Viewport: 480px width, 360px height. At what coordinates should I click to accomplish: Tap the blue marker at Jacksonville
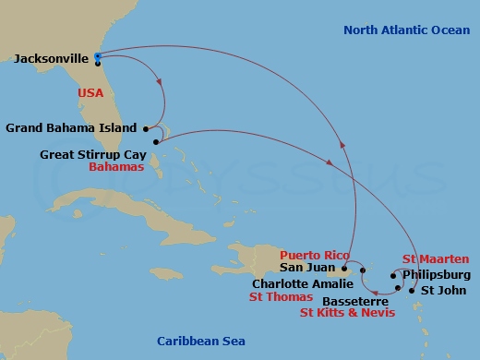pyautogui.click(x=98, y=55)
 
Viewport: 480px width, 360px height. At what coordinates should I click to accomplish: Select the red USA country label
pyautogui.click(x=90, y=93)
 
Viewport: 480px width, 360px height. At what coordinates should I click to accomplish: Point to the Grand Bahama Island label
pyautogui.click(x=70, y=127)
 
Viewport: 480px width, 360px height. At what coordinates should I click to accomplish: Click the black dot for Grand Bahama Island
pyautogui.click(x=146, y=127)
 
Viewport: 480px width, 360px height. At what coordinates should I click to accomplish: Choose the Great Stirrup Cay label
pyautogui.click(x=96, y=155)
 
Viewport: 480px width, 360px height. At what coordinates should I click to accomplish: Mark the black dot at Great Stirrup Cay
pyautogui.click(x=156, y=142)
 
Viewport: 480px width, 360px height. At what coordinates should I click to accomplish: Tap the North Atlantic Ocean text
pyautogui.click(x=405, y=30)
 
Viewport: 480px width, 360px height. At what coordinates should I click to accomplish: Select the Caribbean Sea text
pyautogui.click(x=200, y=341)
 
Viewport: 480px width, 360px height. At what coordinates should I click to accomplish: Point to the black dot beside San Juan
pyautogui.click(x=344, y=270)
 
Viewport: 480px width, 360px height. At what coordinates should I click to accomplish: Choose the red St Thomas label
pyautogui.click(x=282, y=298)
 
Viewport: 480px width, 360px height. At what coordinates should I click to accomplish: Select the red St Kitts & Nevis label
pyautogui.click(x=348, y=314)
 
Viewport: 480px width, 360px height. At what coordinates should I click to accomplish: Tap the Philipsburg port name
pyautogui.click(x=437, y=275)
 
